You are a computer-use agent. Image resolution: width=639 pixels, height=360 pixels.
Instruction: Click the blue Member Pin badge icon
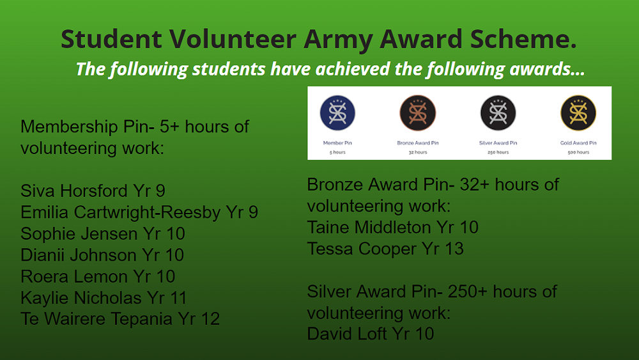pos(337,113)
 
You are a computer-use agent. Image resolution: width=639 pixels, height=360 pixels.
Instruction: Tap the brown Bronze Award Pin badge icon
pos(418,113)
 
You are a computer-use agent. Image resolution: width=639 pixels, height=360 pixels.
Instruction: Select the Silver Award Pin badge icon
pos(498,113)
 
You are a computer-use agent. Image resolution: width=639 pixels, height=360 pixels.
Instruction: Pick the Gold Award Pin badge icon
pos(578,113)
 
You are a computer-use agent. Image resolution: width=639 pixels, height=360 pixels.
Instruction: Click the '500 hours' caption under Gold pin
pos(578,152)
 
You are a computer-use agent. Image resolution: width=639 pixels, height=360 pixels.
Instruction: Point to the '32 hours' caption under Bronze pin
pos(418,152)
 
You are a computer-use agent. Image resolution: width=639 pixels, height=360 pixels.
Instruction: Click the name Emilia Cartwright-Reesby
pos(121,212)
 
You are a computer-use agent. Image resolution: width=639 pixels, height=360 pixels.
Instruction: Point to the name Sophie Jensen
pos(79,234)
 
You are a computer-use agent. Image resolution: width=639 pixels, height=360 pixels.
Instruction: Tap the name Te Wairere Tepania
pos(96,319)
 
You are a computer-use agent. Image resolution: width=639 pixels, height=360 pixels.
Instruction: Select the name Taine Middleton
pos(369,228)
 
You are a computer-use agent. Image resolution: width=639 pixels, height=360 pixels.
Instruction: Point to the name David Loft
pos(346,334)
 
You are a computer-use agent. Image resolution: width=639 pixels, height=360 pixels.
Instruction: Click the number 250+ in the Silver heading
pos(468,292)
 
